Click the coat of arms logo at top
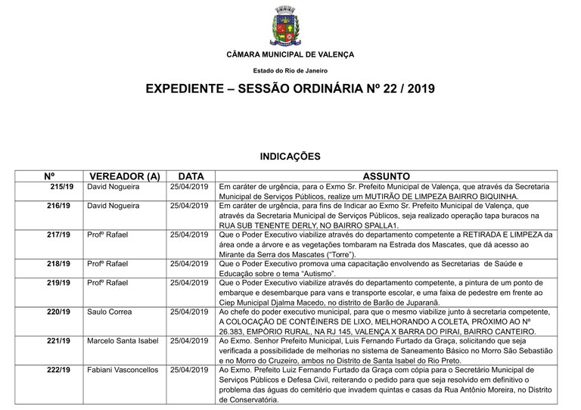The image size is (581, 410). (x=290, y=26)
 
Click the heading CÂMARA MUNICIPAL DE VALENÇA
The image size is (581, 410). (x=290, y=54)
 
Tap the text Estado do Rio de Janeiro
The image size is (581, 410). (x=290, y=70)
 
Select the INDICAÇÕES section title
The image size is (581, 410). (x=290, y=157)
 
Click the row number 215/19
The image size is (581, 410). (x=62, y=186)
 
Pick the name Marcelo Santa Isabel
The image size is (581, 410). (x=123, y=340)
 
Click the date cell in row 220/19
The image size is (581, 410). (x=188, y=310)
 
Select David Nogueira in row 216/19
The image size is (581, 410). (x=113, y=205)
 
